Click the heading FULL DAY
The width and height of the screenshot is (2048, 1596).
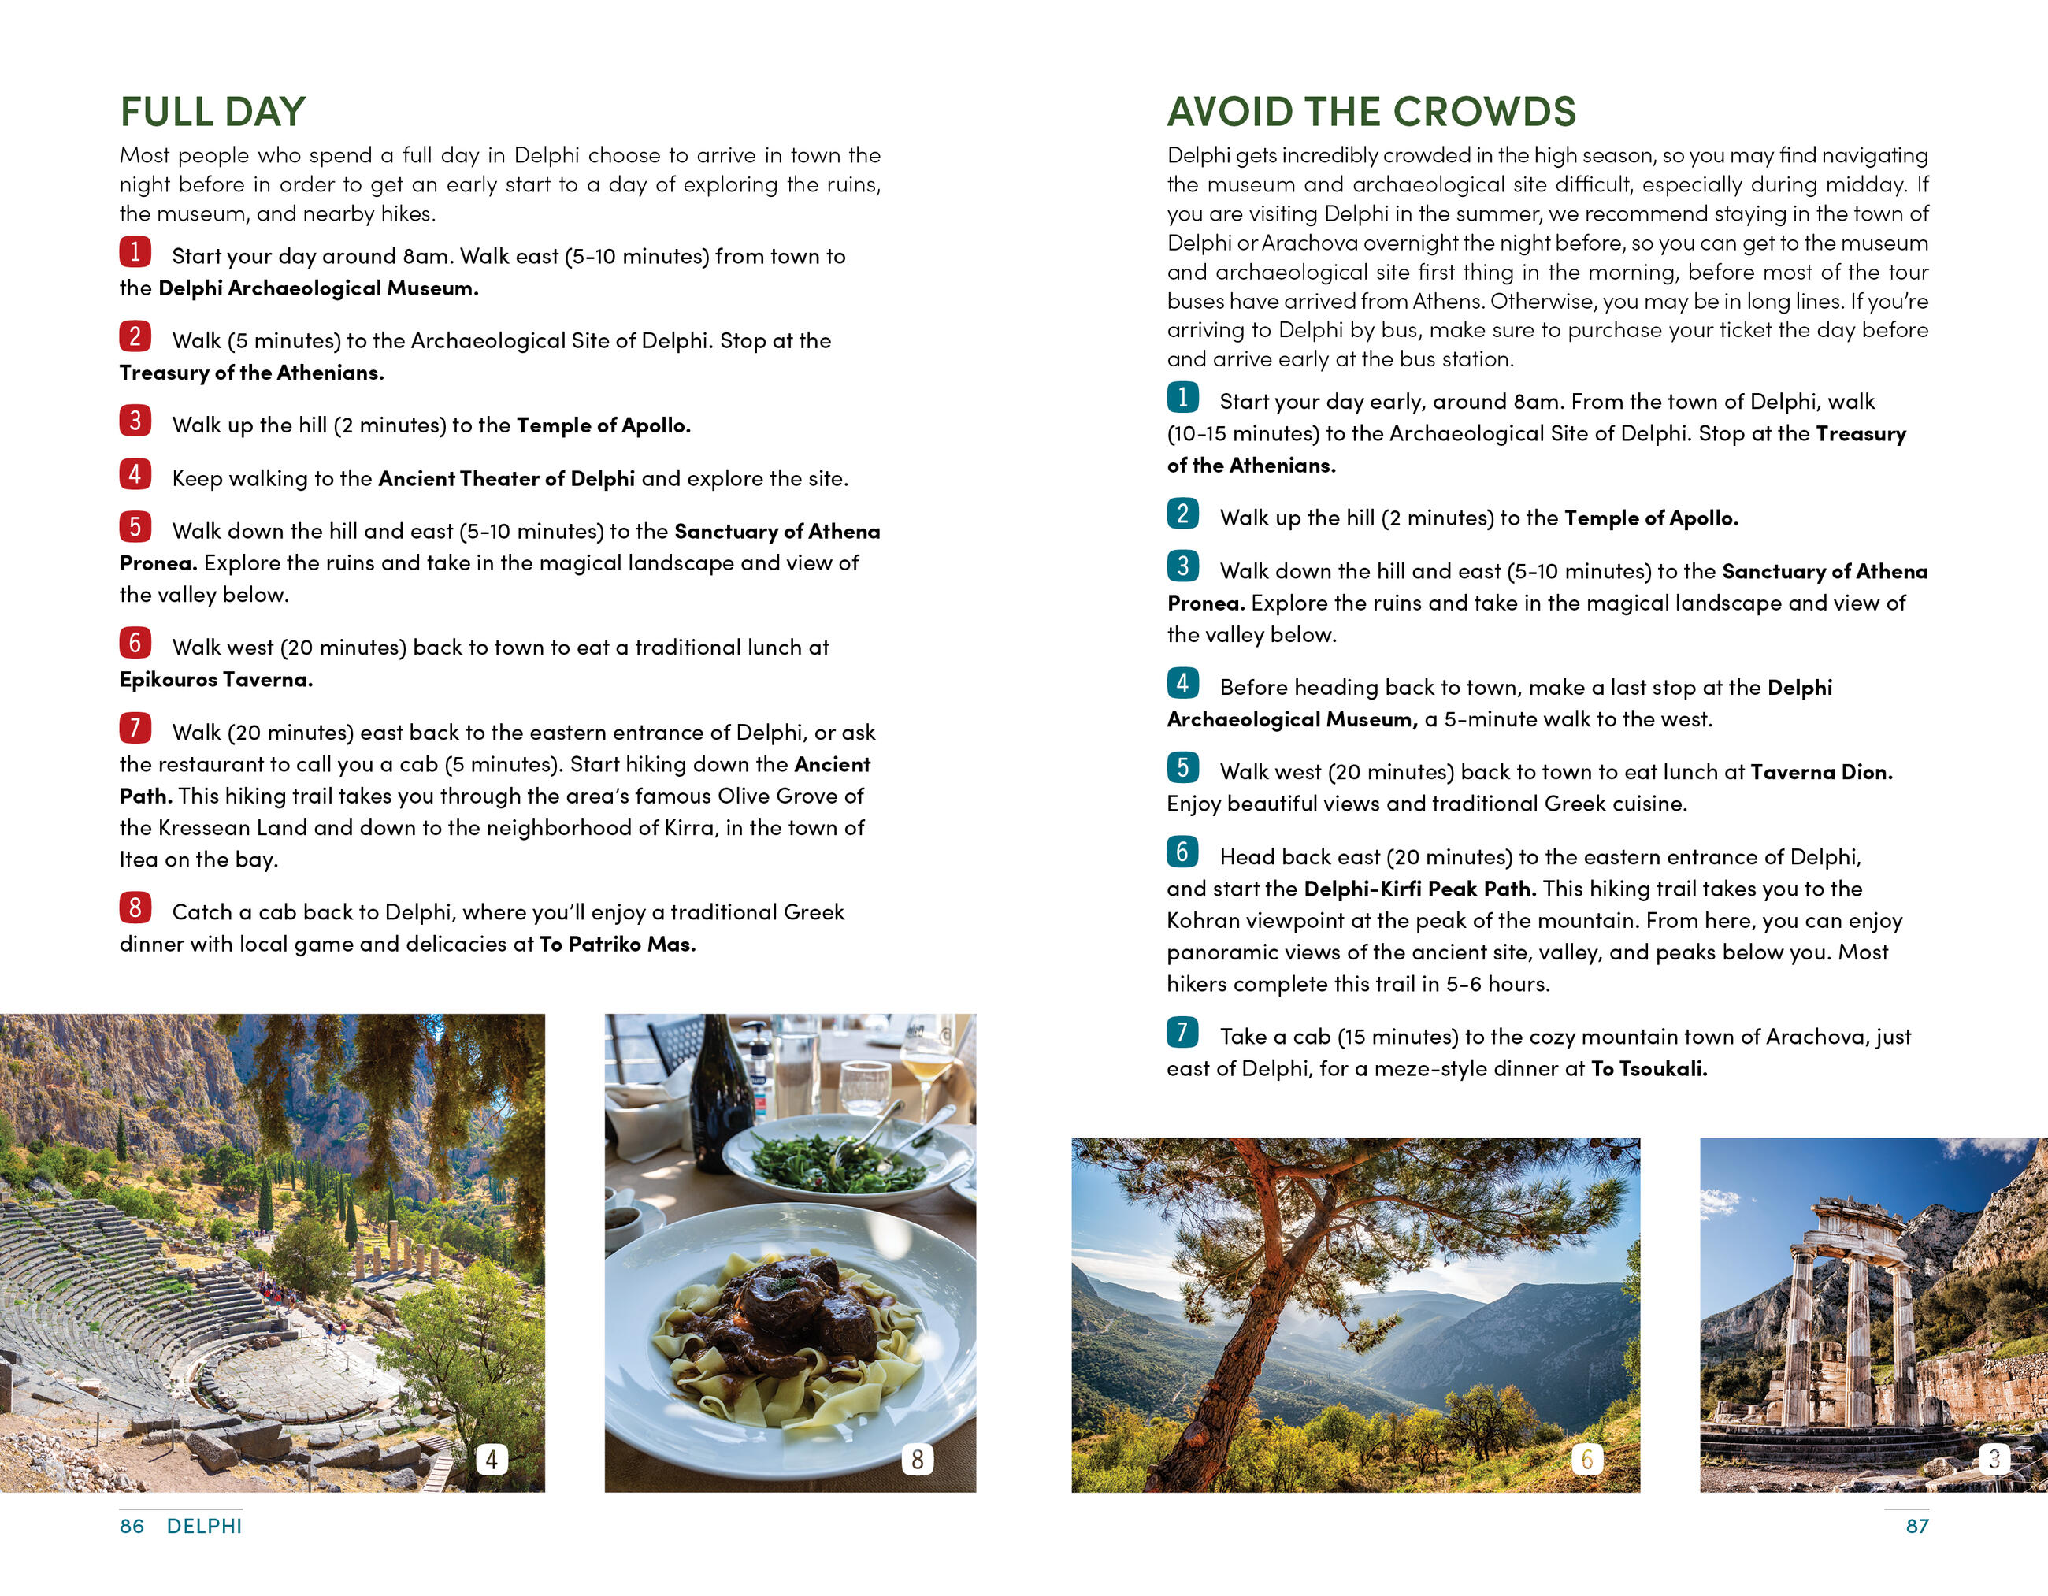[213, 112]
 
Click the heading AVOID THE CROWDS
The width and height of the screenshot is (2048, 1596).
[1371, 112]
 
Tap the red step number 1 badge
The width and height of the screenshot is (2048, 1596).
[135, 252]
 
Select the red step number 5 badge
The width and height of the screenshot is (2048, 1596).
[135, 527]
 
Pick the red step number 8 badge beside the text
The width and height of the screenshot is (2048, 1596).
[135, 907]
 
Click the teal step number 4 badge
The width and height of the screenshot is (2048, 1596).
[1182, 683]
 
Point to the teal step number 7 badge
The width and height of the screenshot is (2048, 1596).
[1182, 1033]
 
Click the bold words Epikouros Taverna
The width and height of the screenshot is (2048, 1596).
[216, 679]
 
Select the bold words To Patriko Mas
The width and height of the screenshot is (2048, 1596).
[617, 945]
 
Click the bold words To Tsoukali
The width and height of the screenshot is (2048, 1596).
[1649, 1068]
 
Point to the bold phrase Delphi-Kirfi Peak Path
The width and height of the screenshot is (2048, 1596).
[1419, 888]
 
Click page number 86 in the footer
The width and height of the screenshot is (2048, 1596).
[132, 1526]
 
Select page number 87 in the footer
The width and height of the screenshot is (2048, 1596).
[1916, 1526]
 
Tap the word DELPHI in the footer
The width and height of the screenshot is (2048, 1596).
[205, 1526]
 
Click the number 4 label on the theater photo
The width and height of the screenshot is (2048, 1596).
[492, 1459]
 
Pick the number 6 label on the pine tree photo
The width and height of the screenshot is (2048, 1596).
[1586, 1459]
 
